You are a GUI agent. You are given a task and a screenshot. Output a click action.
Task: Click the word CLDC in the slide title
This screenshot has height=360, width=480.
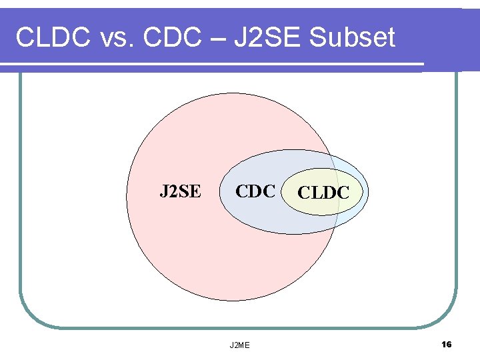point(53,38)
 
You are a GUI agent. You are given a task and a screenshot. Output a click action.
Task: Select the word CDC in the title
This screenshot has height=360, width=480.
point(170,38)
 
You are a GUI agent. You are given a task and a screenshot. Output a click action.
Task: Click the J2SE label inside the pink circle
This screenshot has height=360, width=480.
point(179,192)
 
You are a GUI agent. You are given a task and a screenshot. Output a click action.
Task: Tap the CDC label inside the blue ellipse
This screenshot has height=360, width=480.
point(255,192)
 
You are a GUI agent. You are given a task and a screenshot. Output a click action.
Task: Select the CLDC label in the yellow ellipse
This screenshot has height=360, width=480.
point(323,193)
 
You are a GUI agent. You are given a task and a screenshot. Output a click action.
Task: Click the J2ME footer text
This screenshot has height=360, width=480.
point(240,345)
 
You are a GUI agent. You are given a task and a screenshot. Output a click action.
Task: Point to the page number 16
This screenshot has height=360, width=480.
point(446,344)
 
